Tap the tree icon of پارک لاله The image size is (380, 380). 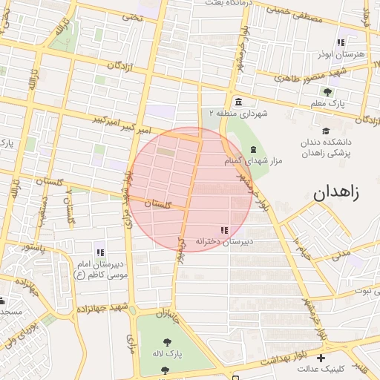[x=166, y=342]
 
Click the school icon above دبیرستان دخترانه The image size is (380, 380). [x=224, y=230]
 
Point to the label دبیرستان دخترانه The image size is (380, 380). [x=224, y=242]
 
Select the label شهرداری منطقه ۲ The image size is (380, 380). [x=237, y=114]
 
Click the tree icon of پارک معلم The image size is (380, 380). [x=327, y=91]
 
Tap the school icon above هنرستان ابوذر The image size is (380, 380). [x=341, y=42]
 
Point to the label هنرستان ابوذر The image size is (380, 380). [x=340, y=54]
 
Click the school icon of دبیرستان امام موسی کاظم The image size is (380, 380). [x=99, y=252]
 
